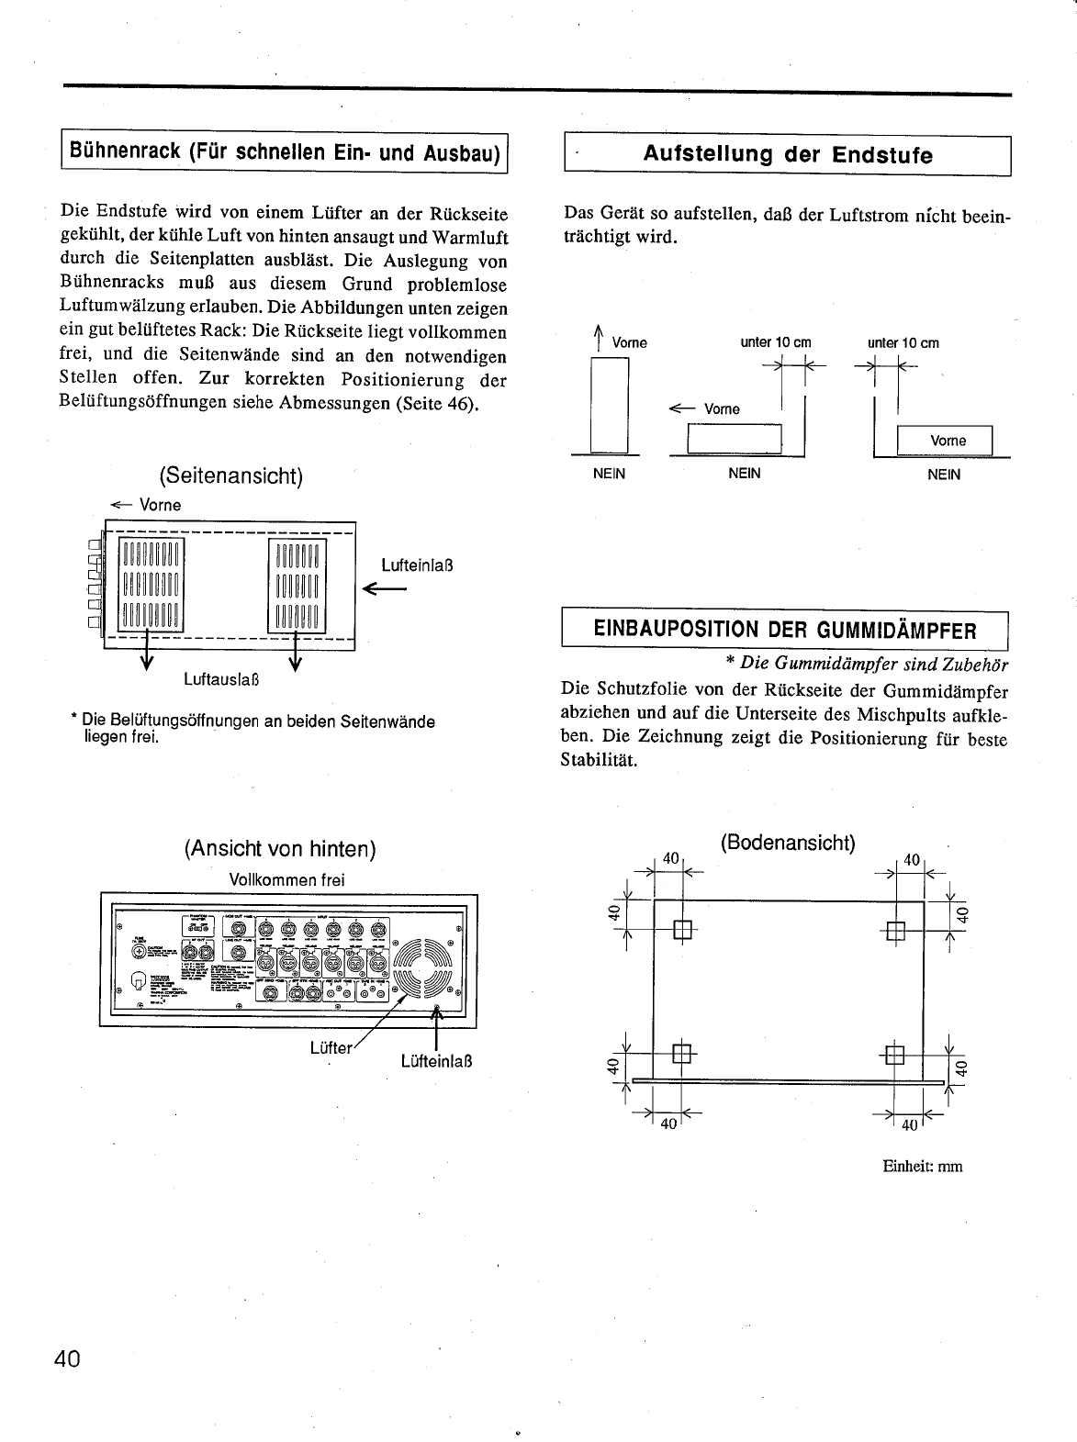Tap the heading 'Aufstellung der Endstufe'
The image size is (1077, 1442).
[x=787, y=155]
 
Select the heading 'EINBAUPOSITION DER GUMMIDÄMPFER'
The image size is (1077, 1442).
[x=785, y=631]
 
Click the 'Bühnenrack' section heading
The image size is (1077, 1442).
[x=285, y=152]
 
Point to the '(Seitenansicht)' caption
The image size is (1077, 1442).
[x=230, y=475]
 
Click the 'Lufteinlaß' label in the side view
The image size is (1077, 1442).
[x=418, y=565]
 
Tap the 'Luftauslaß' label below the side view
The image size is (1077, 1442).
[x=221, y=680]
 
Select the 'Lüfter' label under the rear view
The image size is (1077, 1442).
[x=331, y=1047]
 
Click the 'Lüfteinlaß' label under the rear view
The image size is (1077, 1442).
[x=436, y=1062]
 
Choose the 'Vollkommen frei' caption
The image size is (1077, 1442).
[x=286, y=879]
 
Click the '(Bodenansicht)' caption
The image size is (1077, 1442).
[x=788, y=843]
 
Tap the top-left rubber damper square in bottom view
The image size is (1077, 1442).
[x=682, y=930]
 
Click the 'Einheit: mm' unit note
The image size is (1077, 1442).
[x=922, y=1167]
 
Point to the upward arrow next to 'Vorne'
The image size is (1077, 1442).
[x=598, y=338]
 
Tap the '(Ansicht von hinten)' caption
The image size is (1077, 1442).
[x=280, y=849]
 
